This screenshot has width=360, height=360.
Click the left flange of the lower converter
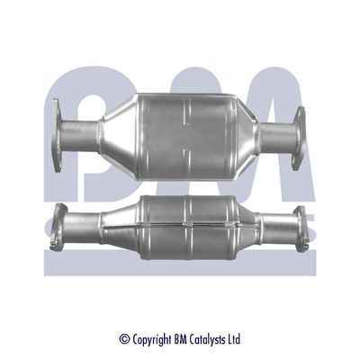(60, 222)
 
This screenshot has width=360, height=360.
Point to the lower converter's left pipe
(85, 221)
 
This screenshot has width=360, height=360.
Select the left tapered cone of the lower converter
(121, 220)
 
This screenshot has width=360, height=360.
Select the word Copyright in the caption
(148, 339)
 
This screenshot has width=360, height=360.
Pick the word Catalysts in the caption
(207, 339)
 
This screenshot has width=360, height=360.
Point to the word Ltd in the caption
(235, 339)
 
